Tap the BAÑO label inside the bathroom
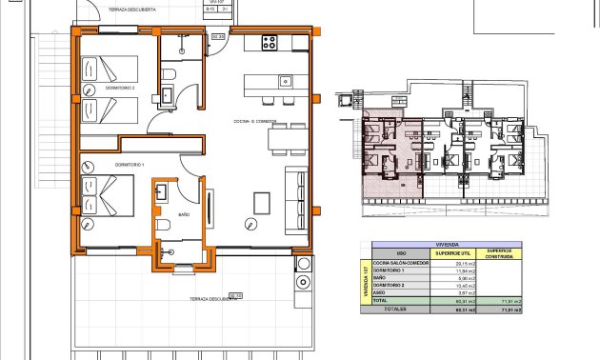click(184, 216)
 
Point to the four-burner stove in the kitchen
click(270, 43)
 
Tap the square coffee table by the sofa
click(262, 202)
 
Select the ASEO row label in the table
click(380, 292)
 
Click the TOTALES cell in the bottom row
click(394, 309)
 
